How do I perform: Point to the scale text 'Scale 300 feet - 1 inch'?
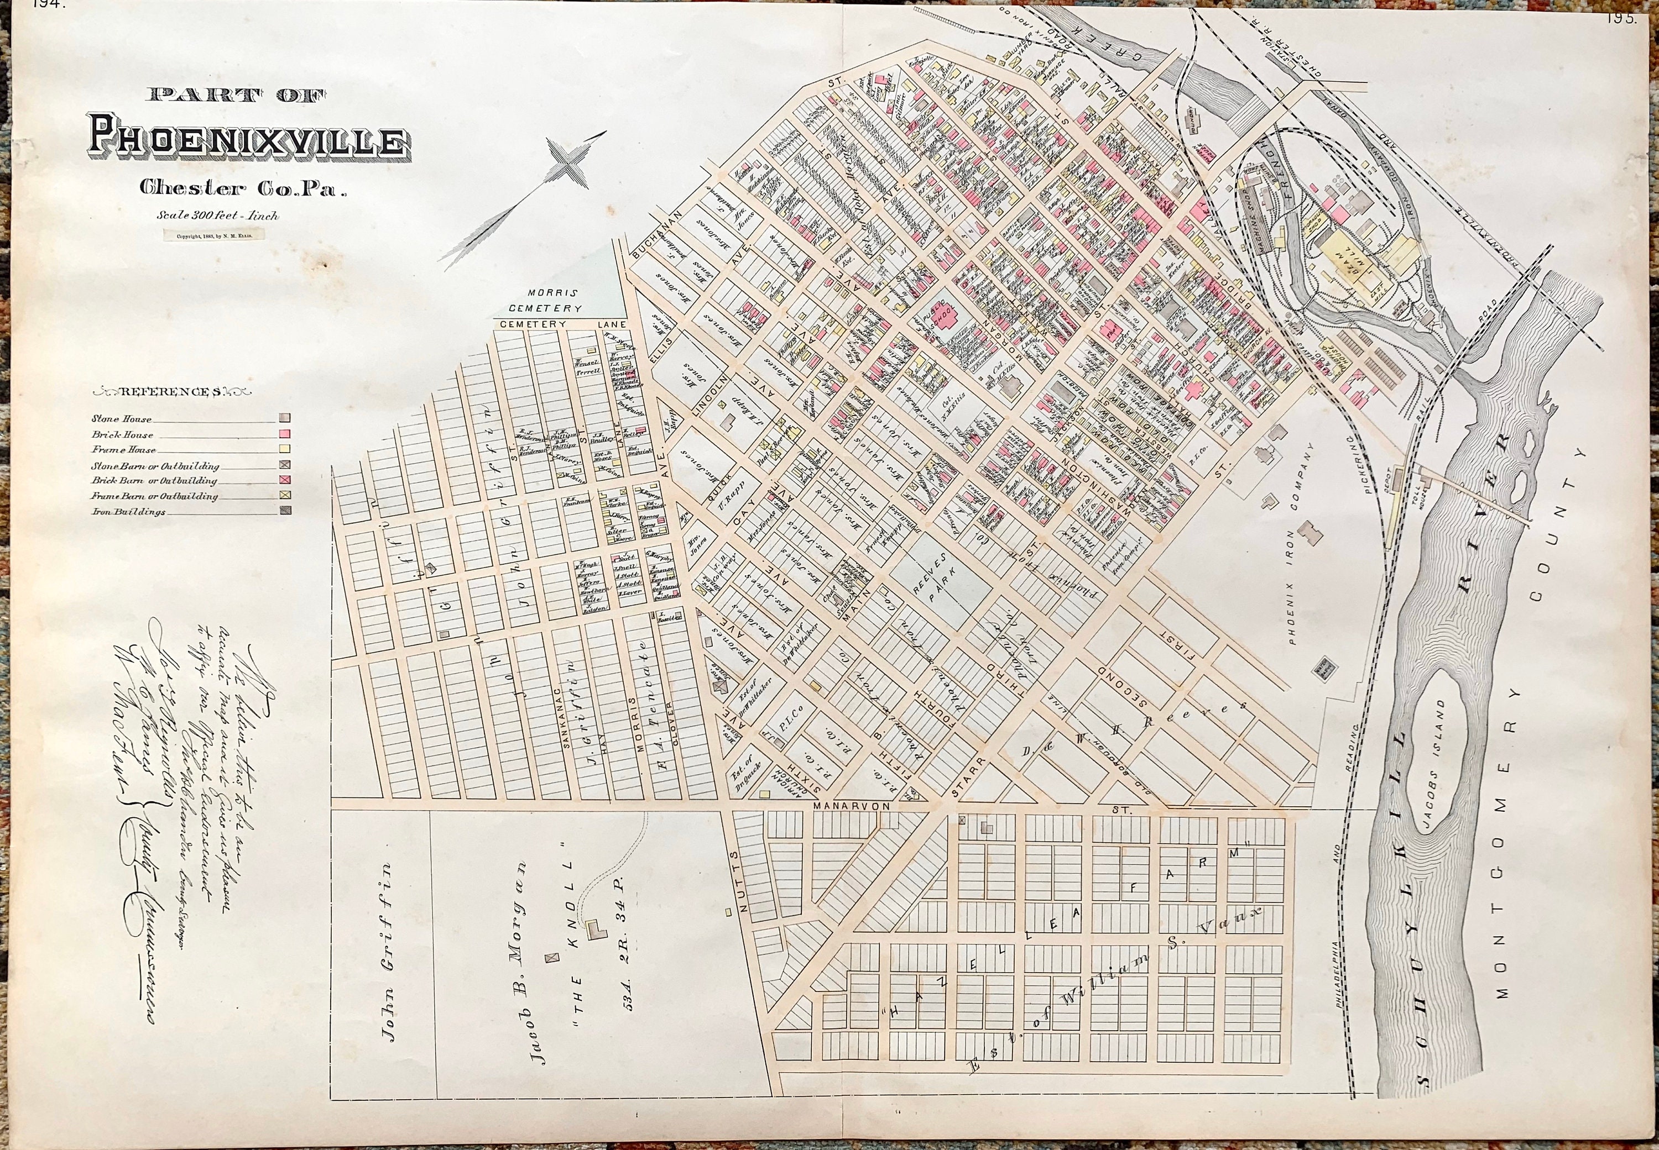[x=216, y=215]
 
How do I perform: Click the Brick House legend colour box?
[x=285, y=434]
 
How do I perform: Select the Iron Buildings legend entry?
[x=128, y=512]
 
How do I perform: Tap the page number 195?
[x=1623, y=18]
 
